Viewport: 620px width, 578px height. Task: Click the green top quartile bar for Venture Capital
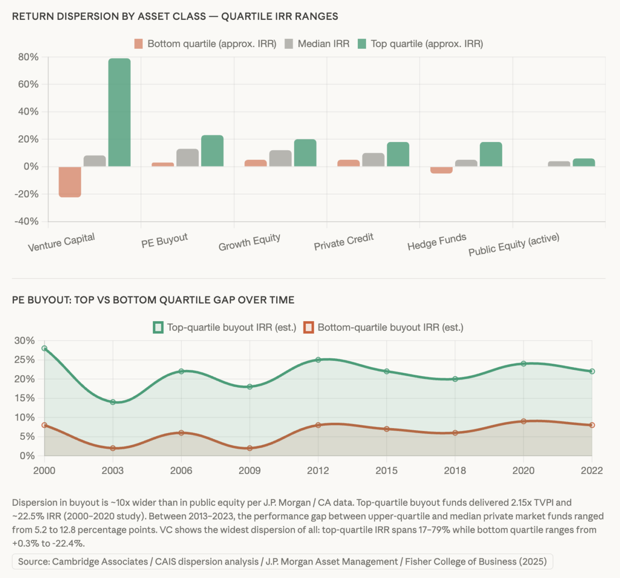click(x=119, y=112)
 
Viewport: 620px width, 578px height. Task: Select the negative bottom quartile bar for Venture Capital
click(x=70, y=182)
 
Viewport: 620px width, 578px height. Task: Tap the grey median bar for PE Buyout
click(x=188, y=158)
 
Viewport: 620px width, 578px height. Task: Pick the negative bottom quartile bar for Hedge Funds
click(x=442, y=170)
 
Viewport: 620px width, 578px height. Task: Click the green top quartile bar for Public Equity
click(x=584, y=163)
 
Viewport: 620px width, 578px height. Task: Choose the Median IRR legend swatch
click(x=289, y=44)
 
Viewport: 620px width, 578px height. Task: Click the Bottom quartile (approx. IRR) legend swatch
click(x=139, y=44)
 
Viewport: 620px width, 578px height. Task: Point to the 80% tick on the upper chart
click(x=28, y=57)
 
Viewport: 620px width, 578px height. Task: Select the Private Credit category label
click(x=343, y=242)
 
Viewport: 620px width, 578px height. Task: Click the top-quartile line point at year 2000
click(x=44, y=348)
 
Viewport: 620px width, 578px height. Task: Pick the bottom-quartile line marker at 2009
click(x=250, y=448)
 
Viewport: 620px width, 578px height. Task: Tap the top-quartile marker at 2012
click(x=318, y=360)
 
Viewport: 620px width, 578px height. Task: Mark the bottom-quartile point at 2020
click(x=523, y=421)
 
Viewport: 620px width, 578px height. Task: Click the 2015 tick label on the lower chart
click(x=386, y=471)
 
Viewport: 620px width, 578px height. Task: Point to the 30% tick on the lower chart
click(x=25, y=341)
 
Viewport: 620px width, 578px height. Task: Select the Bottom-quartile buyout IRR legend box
click(x=309, y=328)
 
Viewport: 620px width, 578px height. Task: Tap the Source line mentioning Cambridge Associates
click(x=282, y=562)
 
